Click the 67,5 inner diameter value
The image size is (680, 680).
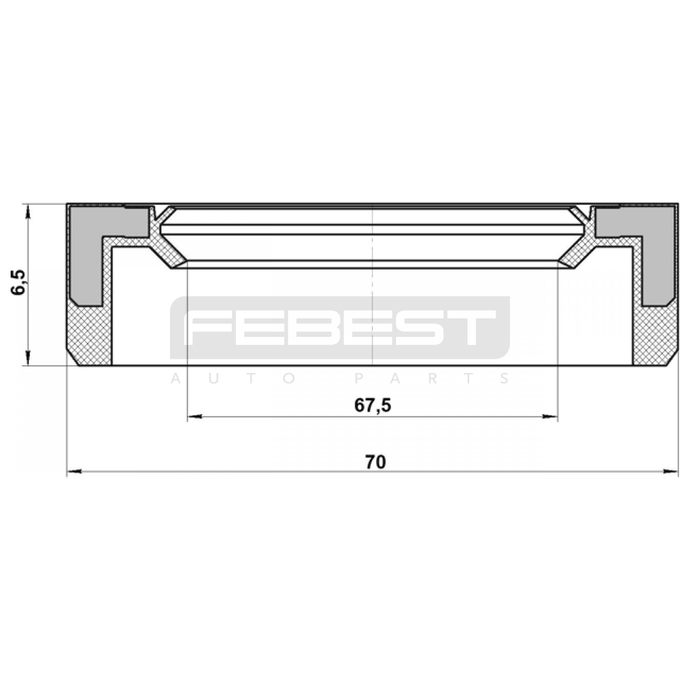pyautogui.click(x=372, y=405)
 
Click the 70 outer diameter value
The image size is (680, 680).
pyautogui.click(x=376, y=462)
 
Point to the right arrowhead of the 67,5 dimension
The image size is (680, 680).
pyautogui.click(x=550, y=417)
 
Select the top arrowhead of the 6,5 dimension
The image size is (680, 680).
pyautogui.click(x=28, y=211)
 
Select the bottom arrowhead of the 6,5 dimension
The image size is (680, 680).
pyautogui.click(x=28, y=358)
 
